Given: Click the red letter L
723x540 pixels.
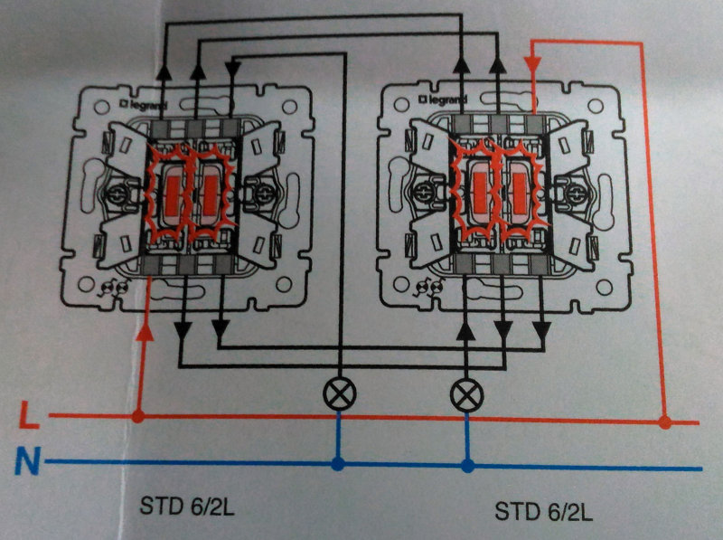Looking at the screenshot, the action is [x=29, y=415].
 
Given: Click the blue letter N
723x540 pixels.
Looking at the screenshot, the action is [x=27, y=460].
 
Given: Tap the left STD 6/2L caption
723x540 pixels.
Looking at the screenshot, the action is [x=187, y=507].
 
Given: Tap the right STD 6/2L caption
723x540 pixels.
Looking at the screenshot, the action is [x=544, y=511].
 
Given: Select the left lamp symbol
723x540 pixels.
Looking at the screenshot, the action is [x=340, y=393].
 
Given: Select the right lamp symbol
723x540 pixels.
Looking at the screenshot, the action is [x=466, y=395].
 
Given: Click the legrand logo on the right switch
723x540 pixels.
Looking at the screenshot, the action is [x=443, y=99].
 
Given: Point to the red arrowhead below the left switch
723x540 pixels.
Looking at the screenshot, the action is [x=145, y=332].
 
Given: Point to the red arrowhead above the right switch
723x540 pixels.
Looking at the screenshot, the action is [x=533, y=64].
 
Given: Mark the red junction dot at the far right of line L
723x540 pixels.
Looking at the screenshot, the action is [x=664, y=422].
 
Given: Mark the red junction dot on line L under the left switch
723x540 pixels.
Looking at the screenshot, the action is [x=138, y=416].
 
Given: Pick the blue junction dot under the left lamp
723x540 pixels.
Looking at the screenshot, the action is [x=338, y=464].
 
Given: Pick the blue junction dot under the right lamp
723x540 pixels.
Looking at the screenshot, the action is [x=468, y=466].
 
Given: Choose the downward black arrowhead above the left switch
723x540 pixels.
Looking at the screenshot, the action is [x=232, y=70].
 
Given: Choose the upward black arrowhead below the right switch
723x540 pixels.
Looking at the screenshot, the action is [x=466, y=331].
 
